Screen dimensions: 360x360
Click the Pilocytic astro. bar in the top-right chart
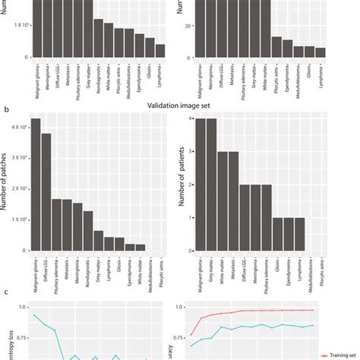pos(276,46)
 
